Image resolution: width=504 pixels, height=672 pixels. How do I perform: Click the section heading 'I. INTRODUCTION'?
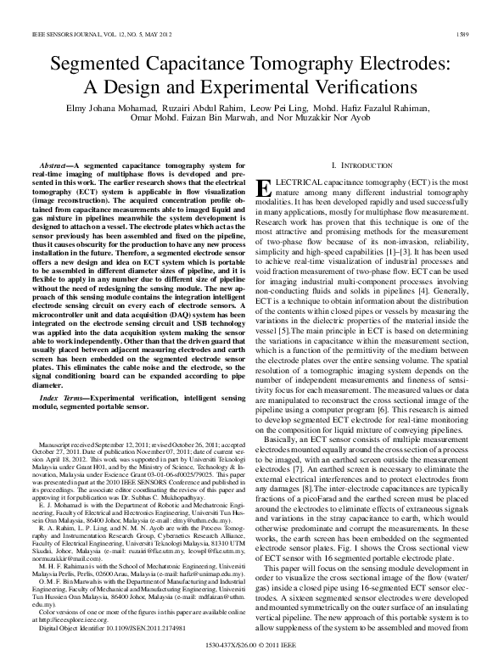[361, 164]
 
